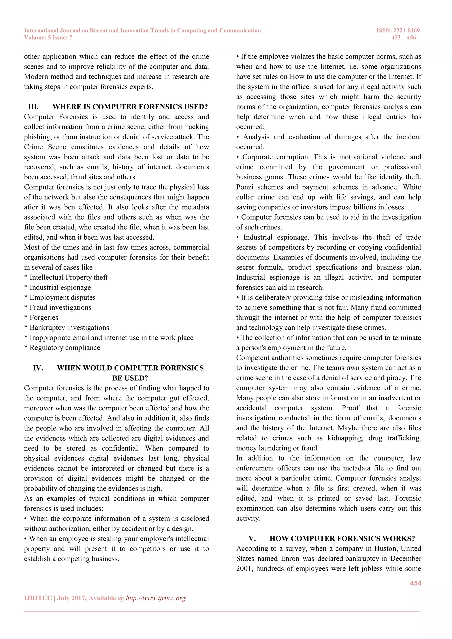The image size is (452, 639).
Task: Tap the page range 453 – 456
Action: (404, 38)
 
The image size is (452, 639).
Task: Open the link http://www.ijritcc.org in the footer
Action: (156, 598)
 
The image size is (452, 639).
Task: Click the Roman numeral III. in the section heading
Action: (33, 107)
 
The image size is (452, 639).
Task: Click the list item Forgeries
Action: (44, 318)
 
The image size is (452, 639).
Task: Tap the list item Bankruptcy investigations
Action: (69, 328)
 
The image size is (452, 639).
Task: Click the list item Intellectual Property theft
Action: (68, 278)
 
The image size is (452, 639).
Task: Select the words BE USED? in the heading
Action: (130, 378)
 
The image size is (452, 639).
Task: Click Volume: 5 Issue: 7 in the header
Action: (48, 38)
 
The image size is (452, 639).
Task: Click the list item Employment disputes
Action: (62, 297)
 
